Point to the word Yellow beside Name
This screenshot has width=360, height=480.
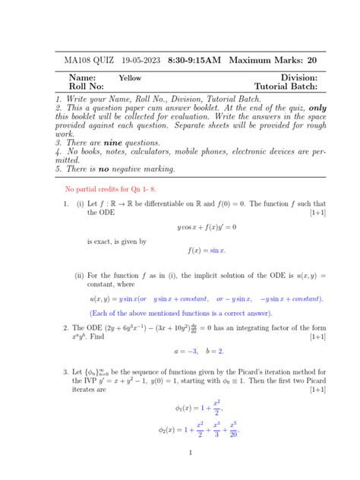(130, 77)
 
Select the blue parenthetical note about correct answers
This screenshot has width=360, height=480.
(180, 312)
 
